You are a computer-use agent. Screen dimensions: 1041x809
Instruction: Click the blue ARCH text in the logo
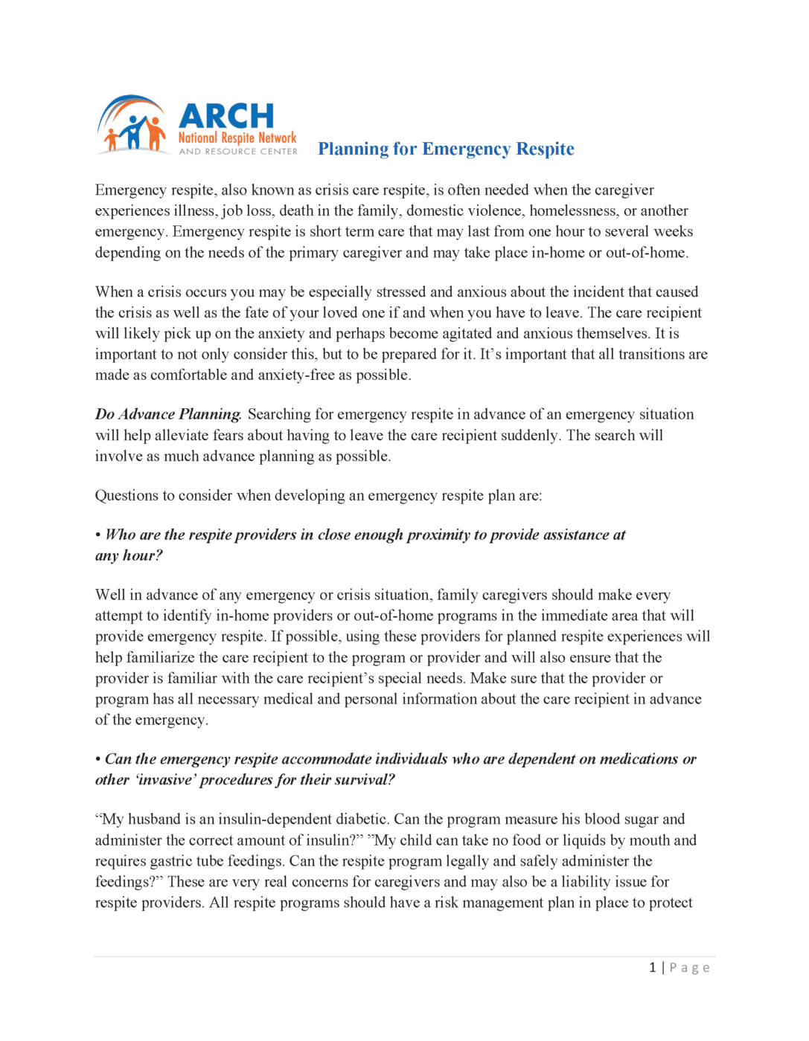click(x=226, y=116)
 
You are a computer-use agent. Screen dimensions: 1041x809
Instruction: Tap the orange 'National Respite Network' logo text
click(x=237, y=138)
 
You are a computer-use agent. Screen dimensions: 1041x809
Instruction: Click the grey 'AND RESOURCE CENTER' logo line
click(x=237, y=152)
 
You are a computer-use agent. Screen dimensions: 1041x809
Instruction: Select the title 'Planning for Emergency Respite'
click(x=446, y=149)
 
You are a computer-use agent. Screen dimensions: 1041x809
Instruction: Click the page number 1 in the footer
click(x=653, y=967)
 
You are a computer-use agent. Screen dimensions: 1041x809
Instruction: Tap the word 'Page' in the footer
click(x=689, y=967)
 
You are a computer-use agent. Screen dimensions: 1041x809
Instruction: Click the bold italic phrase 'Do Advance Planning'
click(x=167, y=414)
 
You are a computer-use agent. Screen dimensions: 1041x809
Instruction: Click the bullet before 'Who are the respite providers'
click(x=98, y=535)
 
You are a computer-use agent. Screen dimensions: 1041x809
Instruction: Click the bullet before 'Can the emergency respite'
click(x=98, y=759)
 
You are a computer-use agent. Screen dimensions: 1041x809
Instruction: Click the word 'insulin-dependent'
click(x=277, y=819)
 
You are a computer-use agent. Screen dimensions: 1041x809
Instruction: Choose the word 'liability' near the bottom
click(x=586, y=882)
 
